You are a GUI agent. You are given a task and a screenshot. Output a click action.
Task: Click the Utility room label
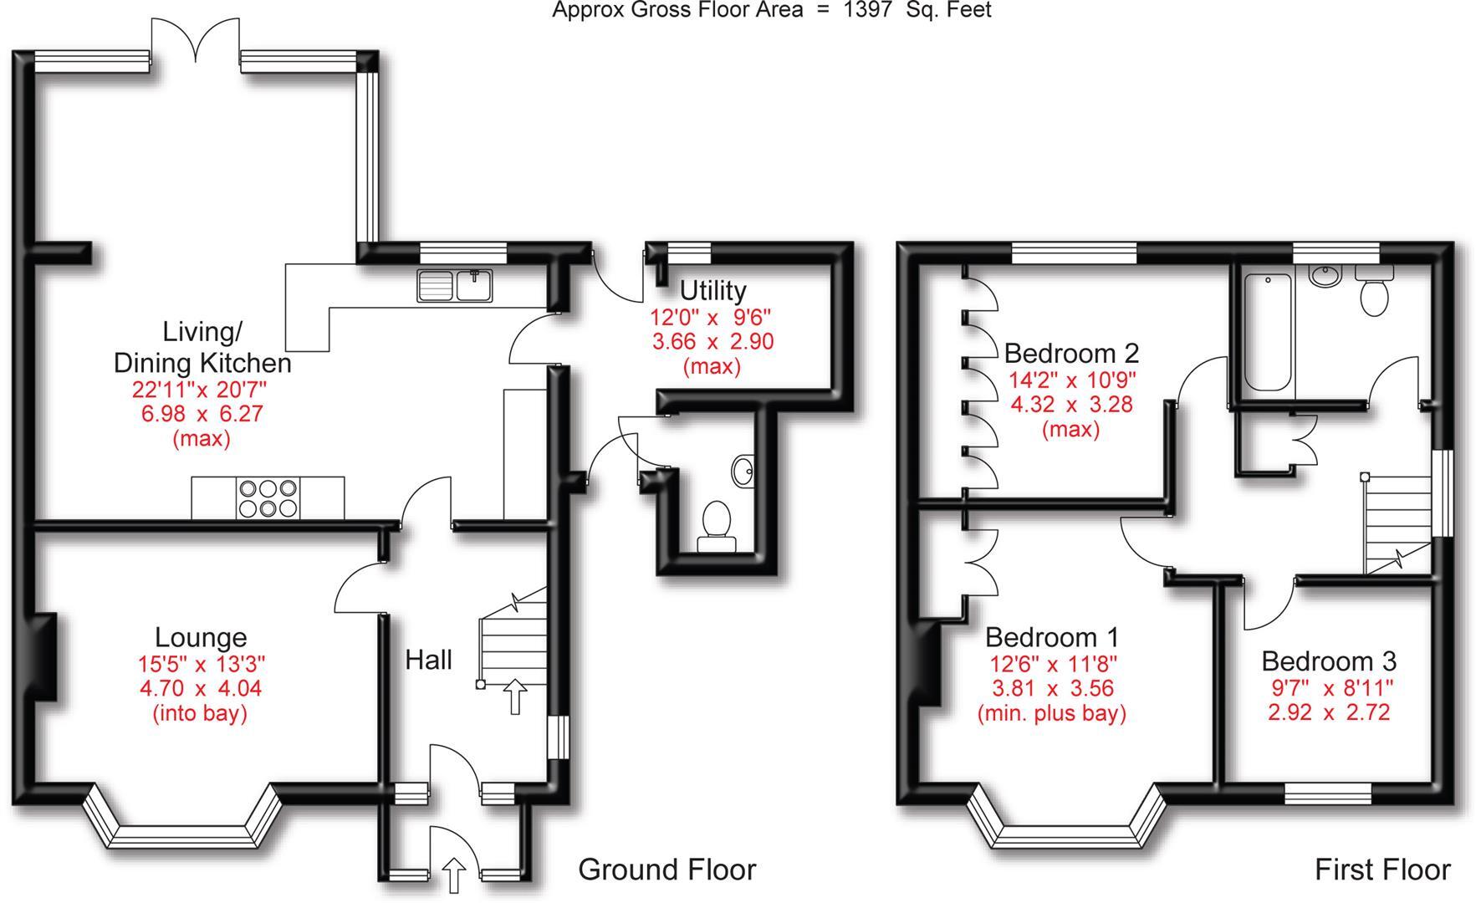[712, 290]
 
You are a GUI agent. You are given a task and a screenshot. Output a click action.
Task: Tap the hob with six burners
[268, 498]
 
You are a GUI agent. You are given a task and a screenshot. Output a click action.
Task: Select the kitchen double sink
[456, 286]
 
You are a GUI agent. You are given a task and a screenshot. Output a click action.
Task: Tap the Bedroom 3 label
[1329, 661]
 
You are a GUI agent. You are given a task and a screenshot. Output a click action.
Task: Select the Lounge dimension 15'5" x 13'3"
[201, 664]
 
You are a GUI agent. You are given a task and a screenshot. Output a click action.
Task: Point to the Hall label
[428, 660]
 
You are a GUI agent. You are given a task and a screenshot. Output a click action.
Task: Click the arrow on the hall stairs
[515, 696]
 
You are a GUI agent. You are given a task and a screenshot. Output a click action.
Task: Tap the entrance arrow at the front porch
[454, 875]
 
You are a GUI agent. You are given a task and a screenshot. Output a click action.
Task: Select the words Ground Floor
[666, 870]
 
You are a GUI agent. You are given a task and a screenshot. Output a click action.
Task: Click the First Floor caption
[1382, 870]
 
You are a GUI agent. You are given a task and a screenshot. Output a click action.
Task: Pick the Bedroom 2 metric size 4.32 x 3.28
[1071, 405]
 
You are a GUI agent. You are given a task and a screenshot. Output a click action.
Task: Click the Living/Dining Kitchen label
[202, 347]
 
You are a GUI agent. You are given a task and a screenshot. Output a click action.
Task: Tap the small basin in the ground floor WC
[743, 471]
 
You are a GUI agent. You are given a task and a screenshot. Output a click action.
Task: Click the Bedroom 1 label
[1051, 637]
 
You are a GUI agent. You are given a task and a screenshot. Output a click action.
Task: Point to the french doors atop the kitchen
[196, 40]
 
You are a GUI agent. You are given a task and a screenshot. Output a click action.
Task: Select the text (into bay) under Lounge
[200, 713]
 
